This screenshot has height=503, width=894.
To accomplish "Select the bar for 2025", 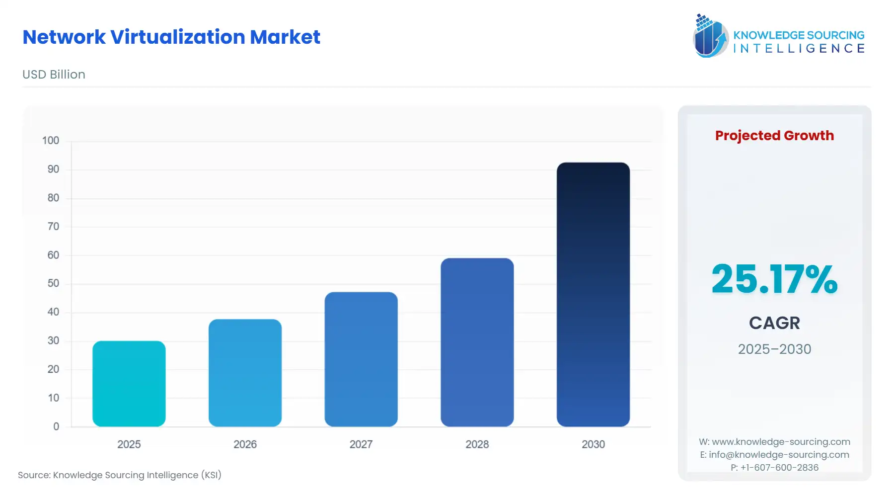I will click(129, 384).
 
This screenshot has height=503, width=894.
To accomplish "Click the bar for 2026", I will click(245, 373).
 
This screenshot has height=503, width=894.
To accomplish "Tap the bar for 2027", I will click(361, 359).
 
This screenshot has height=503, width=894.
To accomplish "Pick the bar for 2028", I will click(477, 342).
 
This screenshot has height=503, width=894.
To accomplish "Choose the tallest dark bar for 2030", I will click(593, 294).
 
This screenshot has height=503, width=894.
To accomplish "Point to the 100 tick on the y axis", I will click(51, 141).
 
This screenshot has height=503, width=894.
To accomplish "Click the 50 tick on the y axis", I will click(53, 283).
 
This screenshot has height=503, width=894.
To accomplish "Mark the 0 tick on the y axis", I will click(56, 426).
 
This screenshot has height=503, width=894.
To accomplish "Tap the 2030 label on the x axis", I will click(593, 444).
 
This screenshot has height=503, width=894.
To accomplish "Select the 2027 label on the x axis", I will click(361, 444).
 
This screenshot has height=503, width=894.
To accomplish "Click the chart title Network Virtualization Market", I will click(171, 37).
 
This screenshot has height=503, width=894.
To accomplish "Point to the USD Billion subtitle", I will click(54, 75).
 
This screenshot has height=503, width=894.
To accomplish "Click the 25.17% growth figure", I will click(774, 279).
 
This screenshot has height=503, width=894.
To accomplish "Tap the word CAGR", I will click(774, 323).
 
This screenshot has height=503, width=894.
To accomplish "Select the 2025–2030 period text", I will click(774, 349).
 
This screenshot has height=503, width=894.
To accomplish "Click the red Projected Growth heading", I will click(774, 136).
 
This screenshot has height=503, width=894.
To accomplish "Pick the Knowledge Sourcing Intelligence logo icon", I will click(710, 36).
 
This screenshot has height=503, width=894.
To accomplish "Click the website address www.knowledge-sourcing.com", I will click(781, 442).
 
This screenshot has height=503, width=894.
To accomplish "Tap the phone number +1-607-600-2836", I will click(779, 468).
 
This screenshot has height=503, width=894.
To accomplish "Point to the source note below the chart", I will click(120, 475).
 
